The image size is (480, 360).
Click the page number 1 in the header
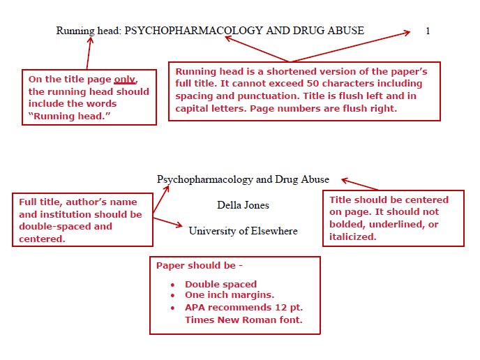point(428,31)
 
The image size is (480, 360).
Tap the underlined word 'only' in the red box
point(125,80)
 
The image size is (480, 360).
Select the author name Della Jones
point(243,205)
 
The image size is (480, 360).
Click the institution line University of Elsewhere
point(243,231)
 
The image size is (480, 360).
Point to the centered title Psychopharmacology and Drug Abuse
point(243,179)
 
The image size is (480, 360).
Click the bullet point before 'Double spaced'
point(172,285)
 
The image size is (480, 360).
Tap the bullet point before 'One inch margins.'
point(172,295)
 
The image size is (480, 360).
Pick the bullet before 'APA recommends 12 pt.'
point(172,308)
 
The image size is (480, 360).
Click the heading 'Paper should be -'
point(199,266)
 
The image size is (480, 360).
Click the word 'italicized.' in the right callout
point(353,237)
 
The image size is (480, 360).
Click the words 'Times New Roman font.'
point(243,320)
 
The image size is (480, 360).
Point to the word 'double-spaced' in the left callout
point(66,226)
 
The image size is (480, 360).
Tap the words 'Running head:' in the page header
point(89,31)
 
